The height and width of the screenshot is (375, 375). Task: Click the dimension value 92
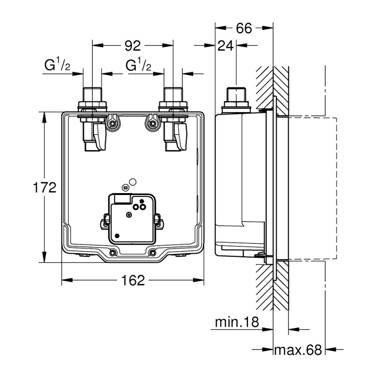click(133, 45)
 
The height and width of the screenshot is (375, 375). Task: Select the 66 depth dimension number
click(244, 28)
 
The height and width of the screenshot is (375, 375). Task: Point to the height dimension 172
click(45, 187)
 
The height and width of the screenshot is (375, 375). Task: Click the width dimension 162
click(133, 281)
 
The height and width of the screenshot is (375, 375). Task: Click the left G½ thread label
click(58, 66)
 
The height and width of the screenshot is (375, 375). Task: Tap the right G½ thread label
click(138, 66)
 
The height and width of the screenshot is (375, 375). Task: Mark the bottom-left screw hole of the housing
click(112, 253)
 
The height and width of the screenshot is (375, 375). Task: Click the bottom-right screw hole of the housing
click(152, 253)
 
